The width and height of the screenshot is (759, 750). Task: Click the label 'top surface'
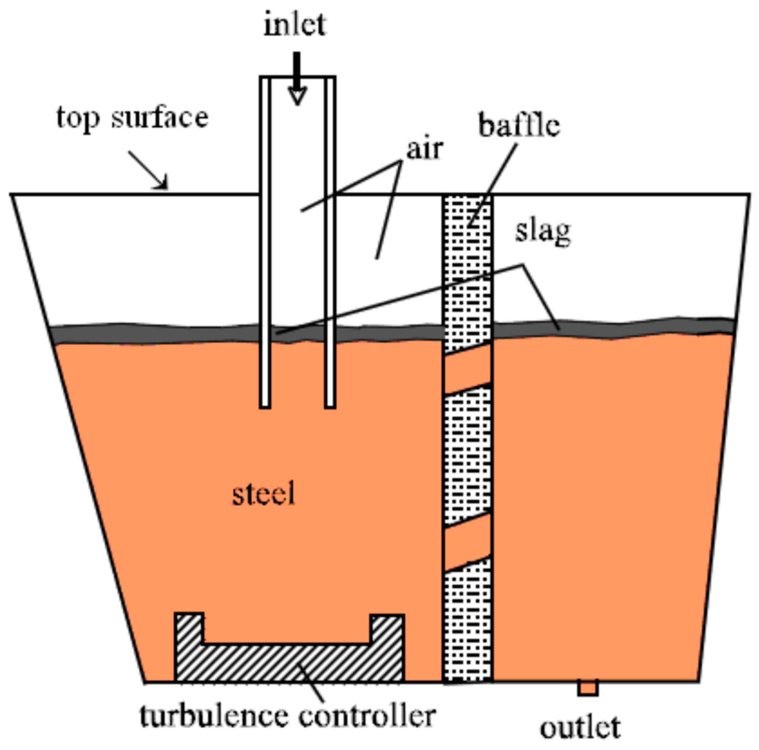pos(132,117)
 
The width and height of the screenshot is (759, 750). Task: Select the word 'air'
pos(425,149)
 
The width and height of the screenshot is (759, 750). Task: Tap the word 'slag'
pos(543,232)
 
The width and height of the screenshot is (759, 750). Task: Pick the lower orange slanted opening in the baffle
pos(468,542)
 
